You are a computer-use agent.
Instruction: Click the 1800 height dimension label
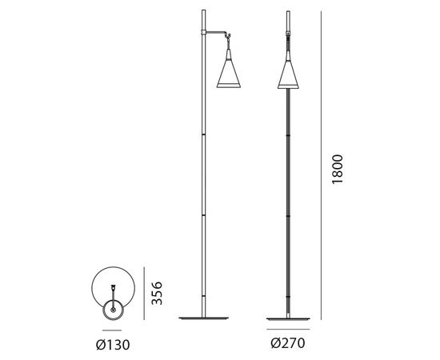click(337, 169)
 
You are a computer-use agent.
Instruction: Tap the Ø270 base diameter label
click(288, 343)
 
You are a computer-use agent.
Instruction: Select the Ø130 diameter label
click(113, 345)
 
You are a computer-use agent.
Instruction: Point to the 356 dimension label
click(157, 293)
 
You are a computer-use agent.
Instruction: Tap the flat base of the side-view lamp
click(204, 318)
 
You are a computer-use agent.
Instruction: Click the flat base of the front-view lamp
click(288, 318)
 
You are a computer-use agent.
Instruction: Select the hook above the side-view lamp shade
click(228, 37)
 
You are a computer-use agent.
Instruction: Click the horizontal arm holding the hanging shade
click(216, 32)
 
